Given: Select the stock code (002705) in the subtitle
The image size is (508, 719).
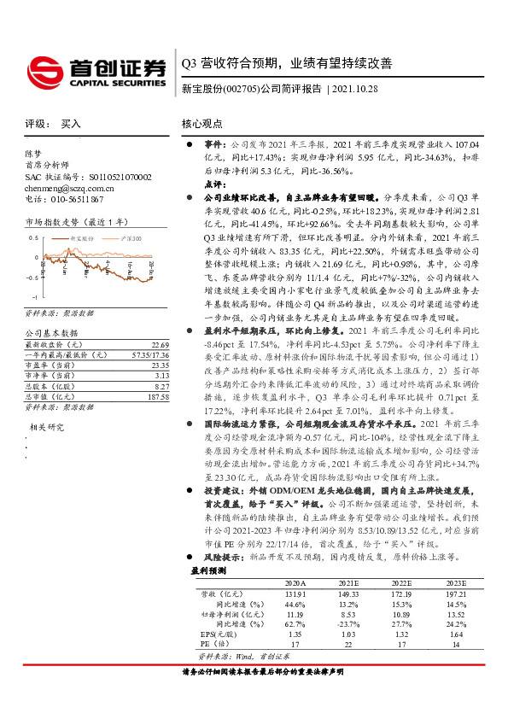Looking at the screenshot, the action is [241, 89].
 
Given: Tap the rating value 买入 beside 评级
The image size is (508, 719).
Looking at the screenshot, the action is [71, 123].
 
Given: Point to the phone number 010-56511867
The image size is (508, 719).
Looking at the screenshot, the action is [73, 199].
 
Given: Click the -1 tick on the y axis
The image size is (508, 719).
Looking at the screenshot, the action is [34, 296].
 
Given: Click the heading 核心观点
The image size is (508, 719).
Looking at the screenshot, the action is [202, 124].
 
